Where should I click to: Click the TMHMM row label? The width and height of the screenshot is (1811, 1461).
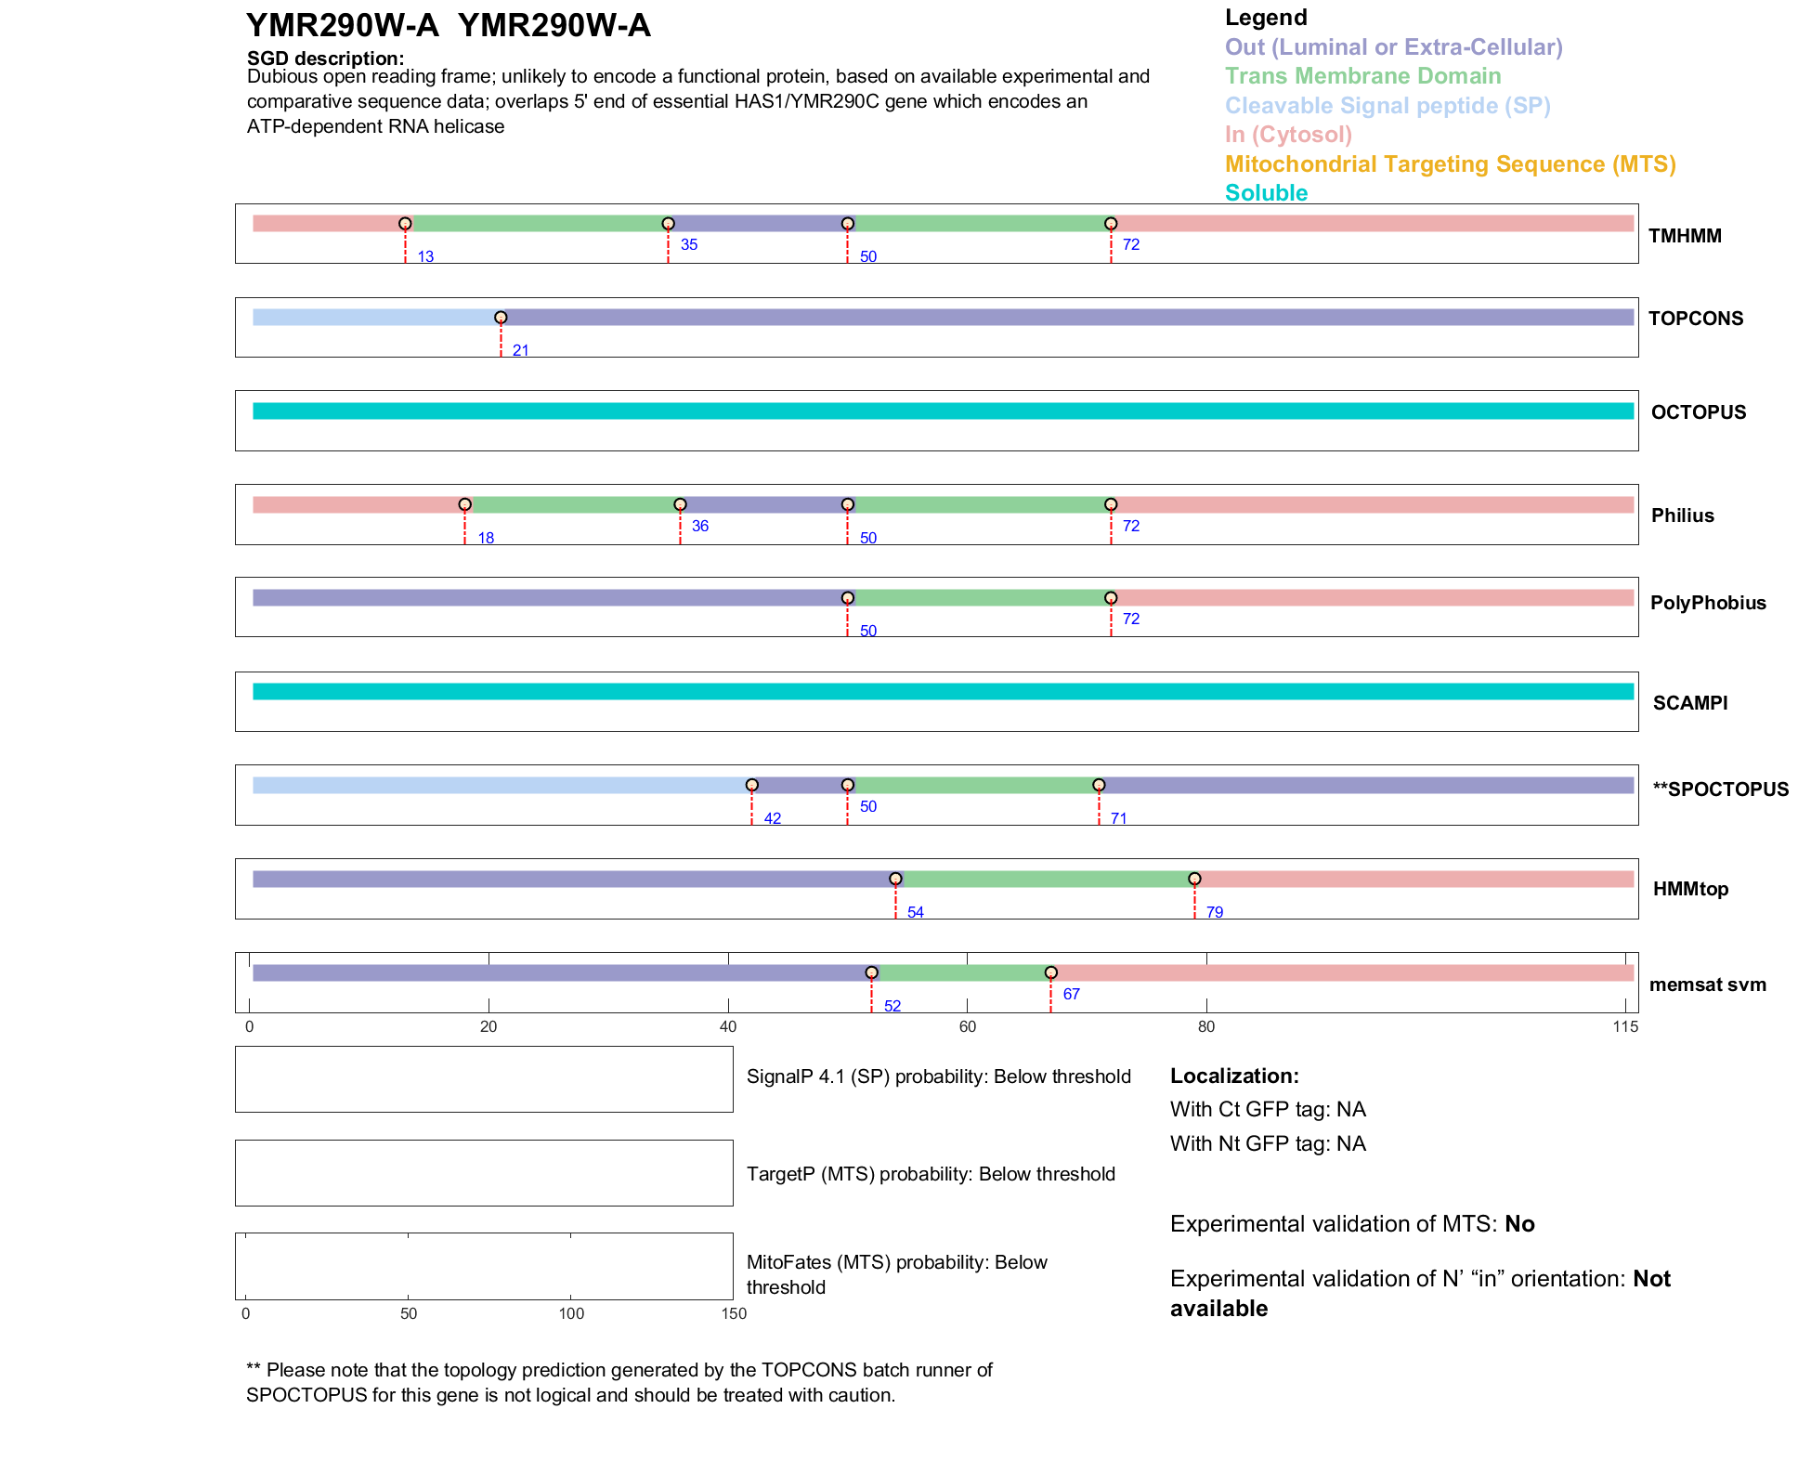(1685, 236)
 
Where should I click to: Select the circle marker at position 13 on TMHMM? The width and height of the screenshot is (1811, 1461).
(405, 224)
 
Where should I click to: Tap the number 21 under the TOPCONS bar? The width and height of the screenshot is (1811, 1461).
(520, 350)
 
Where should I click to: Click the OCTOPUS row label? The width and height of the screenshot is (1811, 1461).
(1698, 412)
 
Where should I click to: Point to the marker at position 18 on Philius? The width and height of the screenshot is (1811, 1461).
(465, 504)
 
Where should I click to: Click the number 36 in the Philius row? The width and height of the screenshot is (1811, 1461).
(699, 526)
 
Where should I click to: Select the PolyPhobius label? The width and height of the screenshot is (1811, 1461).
(1707, 603)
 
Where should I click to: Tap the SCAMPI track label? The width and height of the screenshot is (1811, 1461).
(1689, 703)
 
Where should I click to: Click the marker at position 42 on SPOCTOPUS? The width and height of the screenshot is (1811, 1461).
(752, 785)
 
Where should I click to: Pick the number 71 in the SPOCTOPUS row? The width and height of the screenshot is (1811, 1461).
(1118, 818)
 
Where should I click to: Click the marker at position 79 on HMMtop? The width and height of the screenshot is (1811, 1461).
(1194, 879)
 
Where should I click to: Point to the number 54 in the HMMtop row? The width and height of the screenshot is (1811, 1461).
(915, 912)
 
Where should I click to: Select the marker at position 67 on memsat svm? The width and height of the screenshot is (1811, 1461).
(1050, 972)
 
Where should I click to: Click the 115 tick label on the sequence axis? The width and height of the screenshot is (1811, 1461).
(1625, 1026)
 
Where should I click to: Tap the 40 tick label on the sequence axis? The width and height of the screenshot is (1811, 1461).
(728, 1026)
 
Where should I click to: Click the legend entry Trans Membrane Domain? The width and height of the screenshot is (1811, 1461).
(1362, 76)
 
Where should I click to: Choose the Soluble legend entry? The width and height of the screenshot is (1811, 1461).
(1266, 193)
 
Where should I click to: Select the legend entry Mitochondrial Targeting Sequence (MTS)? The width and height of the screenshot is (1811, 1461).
(1450, 164)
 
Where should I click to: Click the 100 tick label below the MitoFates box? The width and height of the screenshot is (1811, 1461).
(571, 1313)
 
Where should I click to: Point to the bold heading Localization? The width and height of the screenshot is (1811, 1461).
(1233, 1076)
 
